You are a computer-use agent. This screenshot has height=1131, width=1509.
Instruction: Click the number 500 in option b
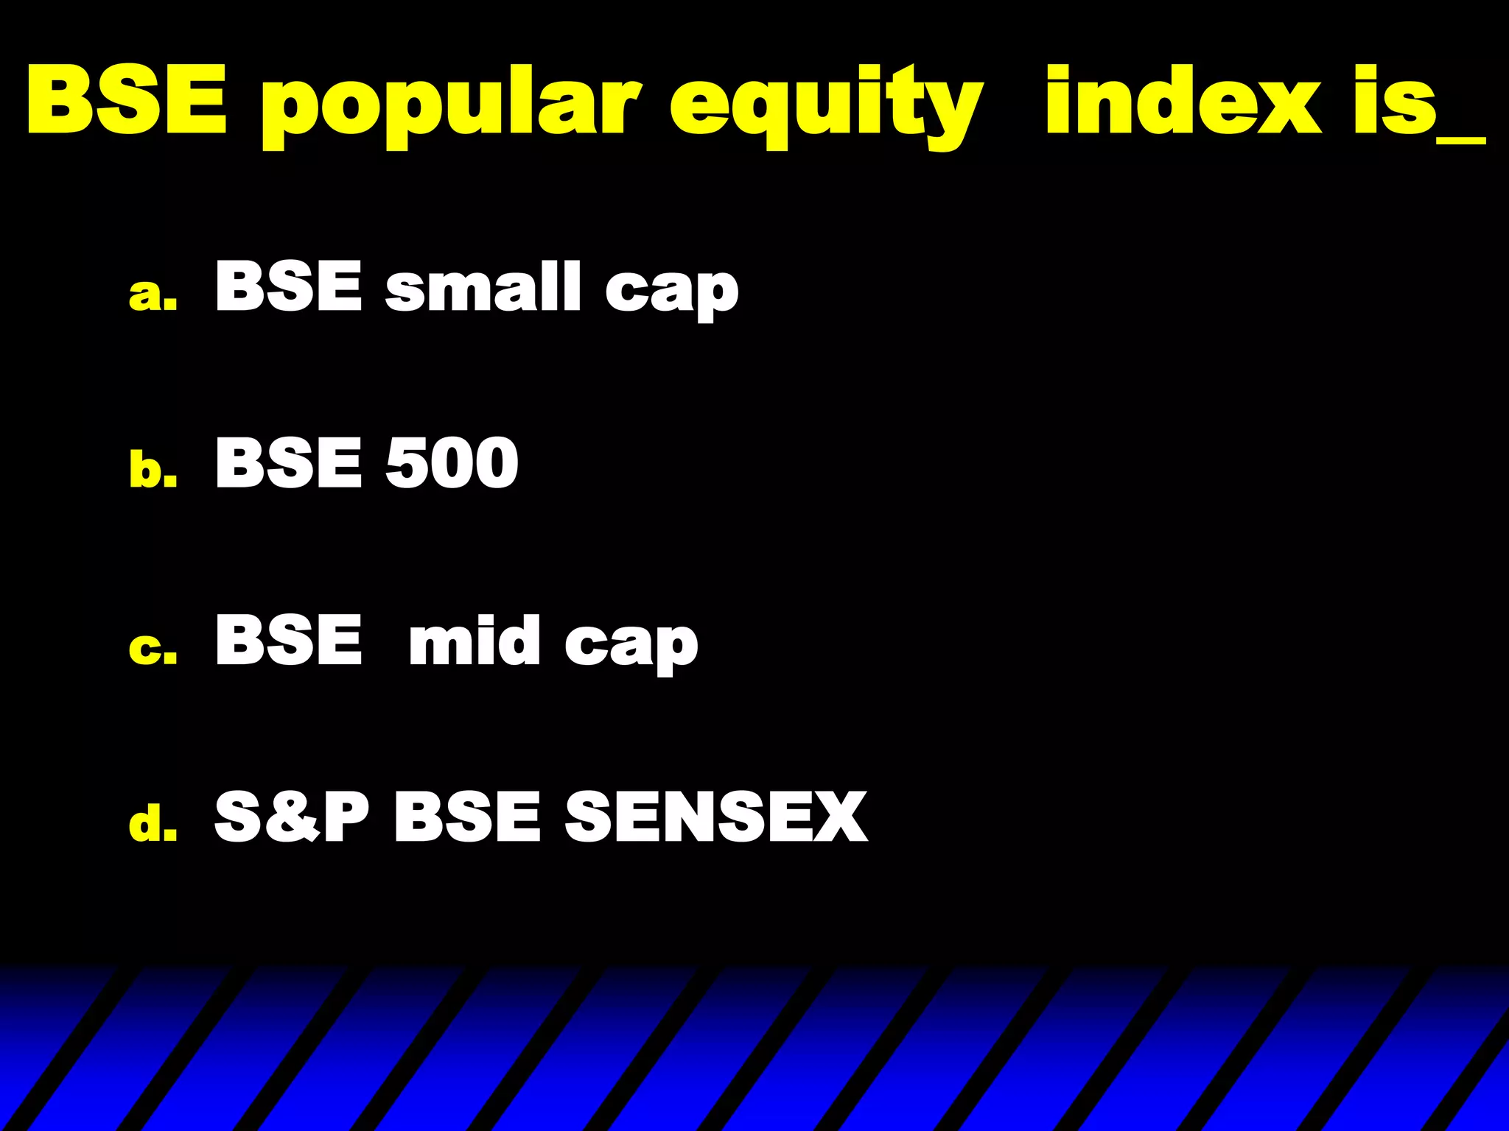click(452, 463)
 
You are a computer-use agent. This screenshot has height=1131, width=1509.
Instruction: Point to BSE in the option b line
click(288, 463)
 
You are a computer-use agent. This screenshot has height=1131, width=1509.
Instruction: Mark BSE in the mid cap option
click(288, 640)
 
